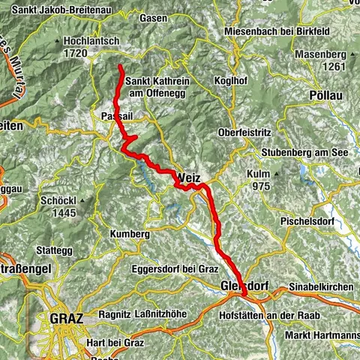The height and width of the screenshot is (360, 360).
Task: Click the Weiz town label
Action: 190,178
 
